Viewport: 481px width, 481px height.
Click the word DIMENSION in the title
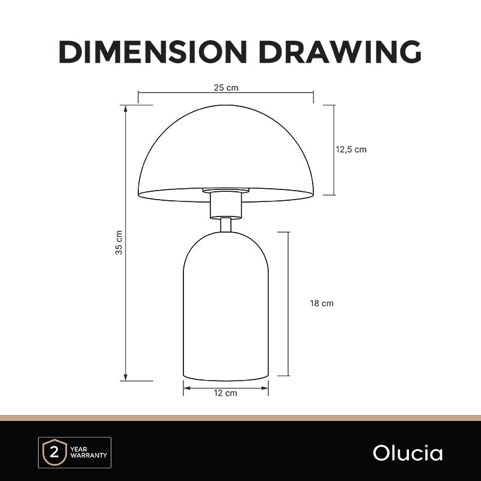[x=153, y=52]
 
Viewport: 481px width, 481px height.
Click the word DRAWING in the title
[x=340, y=52]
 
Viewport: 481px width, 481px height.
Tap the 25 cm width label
[x=226, y=88]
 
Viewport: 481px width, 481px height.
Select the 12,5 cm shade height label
[x=351, y=149]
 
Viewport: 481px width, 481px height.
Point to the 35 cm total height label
[x=119, y=242]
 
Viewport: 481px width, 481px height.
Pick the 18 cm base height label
[x=322, y=304]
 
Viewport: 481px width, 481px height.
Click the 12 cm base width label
[x=225, y=393]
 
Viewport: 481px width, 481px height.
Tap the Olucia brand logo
[x=408, y=453]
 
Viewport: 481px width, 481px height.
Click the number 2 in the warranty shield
[x=54, y=452]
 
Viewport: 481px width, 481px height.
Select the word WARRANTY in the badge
[x=88, y=455]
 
